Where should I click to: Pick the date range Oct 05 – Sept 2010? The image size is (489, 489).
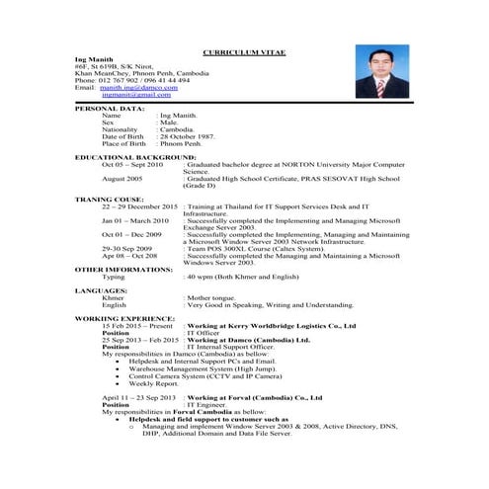click(x=132, y=163)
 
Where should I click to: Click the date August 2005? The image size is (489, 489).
click(x=122, y=178)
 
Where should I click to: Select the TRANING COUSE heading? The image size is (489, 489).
click(x=109, y=199)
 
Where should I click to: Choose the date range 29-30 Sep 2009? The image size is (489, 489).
click(x=125, y=247)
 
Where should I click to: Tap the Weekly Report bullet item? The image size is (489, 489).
click(x=152, y=383)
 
